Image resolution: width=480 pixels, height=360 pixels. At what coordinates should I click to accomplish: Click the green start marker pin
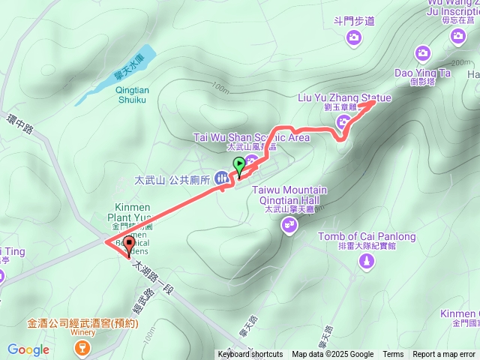pyautogui.click(x=238, y=165)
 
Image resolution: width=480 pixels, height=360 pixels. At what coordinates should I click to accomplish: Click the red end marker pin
pyautogui.click(x=129, y=244)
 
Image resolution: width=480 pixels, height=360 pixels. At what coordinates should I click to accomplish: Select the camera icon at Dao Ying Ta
pyautogui.click(x=423, y=52)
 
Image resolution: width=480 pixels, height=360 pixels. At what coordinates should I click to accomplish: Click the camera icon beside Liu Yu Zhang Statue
pyautogui.click(x=343, y=122)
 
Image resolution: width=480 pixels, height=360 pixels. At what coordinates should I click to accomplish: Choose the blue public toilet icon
pyautogui.click(x=222, y=178)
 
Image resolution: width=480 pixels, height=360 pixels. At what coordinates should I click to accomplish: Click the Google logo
pyautogui.click(x=28, y=349)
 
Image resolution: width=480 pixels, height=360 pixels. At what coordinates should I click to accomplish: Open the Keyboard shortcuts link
pyautogui.click(x=250, y=355)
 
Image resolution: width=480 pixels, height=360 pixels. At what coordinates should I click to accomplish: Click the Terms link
pyautogui.click(x=393, y=355)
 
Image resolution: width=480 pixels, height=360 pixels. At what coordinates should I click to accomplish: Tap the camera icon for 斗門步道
pyautogui.click(x=355, y=37)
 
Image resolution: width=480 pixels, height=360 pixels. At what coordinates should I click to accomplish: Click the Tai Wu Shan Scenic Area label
pyautogui.click(x=251, y=137)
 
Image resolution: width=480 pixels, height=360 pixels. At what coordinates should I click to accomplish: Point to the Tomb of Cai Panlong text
pyautogui.click(x=367, y=237)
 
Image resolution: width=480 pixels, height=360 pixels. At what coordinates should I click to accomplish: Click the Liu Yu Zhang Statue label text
pyautogui.click(x=344, y=98)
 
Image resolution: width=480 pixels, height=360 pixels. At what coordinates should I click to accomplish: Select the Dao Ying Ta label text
pyautogui.click(x=423, y=73)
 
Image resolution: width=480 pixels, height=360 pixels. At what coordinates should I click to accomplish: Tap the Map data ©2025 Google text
pyautogui.click(x=333, y=355)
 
